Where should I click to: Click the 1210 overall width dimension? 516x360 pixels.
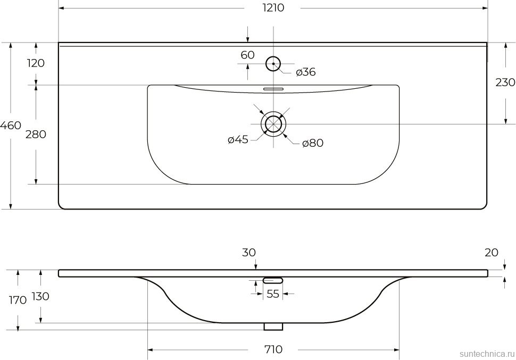pyautogui.click(x=272, y=8)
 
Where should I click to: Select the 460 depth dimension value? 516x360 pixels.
pyautogui.click(x=11, y=126)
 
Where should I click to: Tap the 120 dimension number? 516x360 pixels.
pyautogui.click(x=36, y=63)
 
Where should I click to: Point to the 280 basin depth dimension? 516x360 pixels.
pyautogui.click(x=36, y=135)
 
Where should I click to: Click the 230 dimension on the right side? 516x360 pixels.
pyautogui.click(x=505, y=82)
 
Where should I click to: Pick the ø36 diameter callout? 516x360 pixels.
pyautogui.click(x=305, y=72)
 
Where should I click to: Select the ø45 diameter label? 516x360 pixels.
pyautogui.click(x=238, y=140)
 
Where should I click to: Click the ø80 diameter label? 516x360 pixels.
pyautogui.click(x=313, y=143)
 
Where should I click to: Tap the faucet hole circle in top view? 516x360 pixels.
pyautogui.click(x=273, y=64)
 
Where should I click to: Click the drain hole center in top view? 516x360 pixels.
pyautogui.click(x=273, y=124)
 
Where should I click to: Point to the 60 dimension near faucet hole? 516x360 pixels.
pyautogui.click(x=247, y=55)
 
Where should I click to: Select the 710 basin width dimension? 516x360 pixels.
pyautogui.click(x=273, y=349)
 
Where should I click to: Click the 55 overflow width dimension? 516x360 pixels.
pyautogui.click(x=273, y=294)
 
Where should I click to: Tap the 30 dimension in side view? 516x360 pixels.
pyautogui.click(x=249, y=253)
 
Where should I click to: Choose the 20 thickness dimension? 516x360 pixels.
pyautogui.click(x=492, y=253)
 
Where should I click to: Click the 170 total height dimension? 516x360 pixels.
pyautogui.click(x=18, y=300)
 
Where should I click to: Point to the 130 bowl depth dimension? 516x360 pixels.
pyautogui.click(x=40, y=296)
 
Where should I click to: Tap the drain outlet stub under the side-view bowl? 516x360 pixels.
pyautogui.click(x=273, y=326)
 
